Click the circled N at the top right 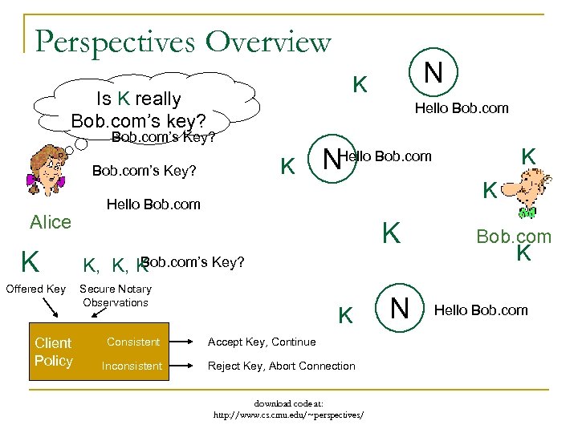point(433,73)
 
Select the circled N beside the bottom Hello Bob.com point(398,310)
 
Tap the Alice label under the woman point(51,222)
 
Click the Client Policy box point(54,351)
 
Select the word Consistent point(133,342)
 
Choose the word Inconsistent point(132,366)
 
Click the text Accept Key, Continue point(262,342)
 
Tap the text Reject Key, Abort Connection point(281,366)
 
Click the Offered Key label point(35,289)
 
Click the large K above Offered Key point(31,261)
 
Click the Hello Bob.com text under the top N point(462,108)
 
